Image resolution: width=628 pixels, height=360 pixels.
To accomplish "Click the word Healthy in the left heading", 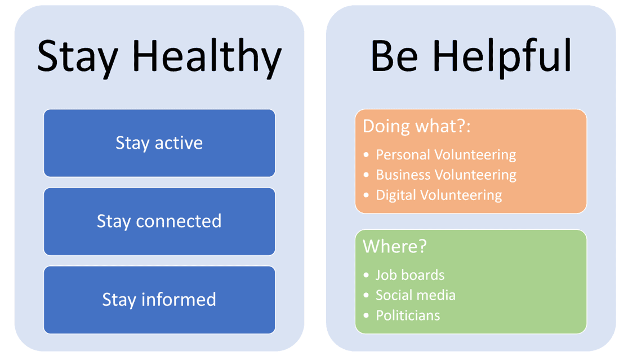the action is pyautogui.click(x=207, y=57).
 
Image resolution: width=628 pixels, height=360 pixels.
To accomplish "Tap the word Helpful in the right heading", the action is pyautogui.click(x=502, y=56).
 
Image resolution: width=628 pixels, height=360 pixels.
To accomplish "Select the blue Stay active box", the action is pyautogui.click(x=159, y=143).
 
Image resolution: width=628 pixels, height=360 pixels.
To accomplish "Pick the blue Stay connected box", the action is pyautogui.click(x=159, y=221).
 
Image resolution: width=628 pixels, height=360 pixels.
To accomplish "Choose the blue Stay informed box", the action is pyautogui.click(x=159, y=300).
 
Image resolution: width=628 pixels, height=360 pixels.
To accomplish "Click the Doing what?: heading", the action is pyautogui.click(x=417, y=126).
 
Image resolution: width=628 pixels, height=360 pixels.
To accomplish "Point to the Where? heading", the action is pyautogui.click(x=395, y=246).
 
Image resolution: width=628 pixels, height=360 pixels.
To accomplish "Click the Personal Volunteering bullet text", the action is pyautogui.click(x=446, y=155).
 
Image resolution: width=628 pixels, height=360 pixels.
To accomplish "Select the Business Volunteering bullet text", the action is pyautogui.click(x=446, y=175).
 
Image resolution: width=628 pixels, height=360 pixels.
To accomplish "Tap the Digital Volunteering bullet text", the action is pyautogui.click(x=439, y=195).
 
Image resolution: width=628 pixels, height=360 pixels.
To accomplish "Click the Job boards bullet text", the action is pyautogui.click(x=410, y=275).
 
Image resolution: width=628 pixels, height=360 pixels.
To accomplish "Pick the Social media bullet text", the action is pyautogui.click(x=416, y=295).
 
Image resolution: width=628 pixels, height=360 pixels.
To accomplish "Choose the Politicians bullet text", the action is pyautogui.click(x=408, y=315).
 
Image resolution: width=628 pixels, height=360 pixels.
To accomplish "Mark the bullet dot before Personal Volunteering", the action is pyautogui.click(x=366, y=155).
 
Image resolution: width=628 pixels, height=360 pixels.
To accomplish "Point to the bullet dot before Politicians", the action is pyautogui.click(x=366, y=315).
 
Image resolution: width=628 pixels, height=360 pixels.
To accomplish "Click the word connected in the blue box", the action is pyautogui.click(x=179, y=221).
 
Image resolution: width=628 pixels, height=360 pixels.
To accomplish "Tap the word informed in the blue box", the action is pyautogui.click(x=179, y=300).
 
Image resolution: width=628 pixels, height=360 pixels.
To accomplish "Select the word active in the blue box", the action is pyautogui.click(x=179, y=143).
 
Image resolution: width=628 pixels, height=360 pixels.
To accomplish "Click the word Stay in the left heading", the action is pyautogui.click(x=78, y=57).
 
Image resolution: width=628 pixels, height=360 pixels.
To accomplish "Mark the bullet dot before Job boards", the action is pyautogui.click(x=366, y=275).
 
